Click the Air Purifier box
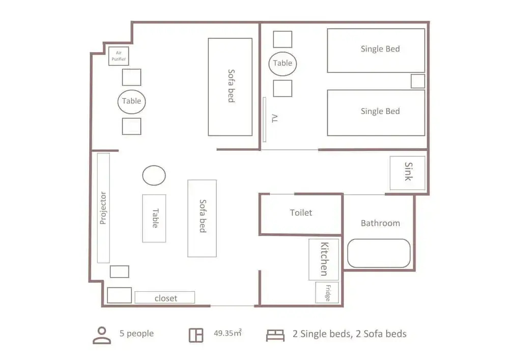(119, 56)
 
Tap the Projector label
(103, 208)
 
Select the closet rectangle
(164, 297)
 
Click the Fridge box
(327, 292)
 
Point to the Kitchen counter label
(324, 259)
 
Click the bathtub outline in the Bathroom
(379, 253)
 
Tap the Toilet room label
(301, 213)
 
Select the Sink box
(407, 173)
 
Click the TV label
(275, 118)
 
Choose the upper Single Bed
(376, 50)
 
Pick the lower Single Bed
(376, 113)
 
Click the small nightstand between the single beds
(418, 81)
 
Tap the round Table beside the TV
(282, 64)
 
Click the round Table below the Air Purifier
(131, 102)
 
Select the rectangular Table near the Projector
(154, 218)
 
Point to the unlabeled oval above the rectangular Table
(154, 175)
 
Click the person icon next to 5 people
(102, 335)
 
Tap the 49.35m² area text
(228, 333)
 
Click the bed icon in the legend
(275, 336)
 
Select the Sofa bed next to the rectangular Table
(202, 218)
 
